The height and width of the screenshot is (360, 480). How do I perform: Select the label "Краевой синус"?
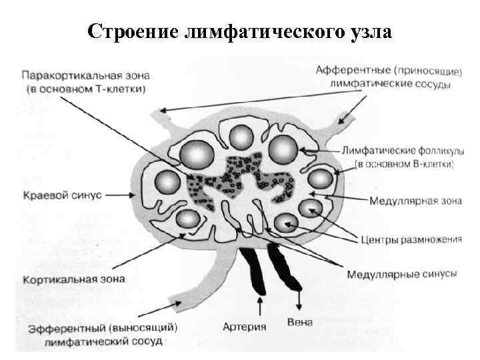pyautogui.click(x=61, y=195)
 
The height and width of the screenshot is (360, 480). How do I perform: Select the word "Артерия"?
pyautogui.click(x=245, y=326)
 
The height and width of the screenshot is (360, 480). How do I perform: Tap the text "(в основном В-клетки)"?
pyautogui.click(x=404, y=163)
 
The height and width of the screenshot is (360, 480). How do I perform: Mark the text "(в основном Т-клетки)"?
pyautogui.click(x=84, y=87)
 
